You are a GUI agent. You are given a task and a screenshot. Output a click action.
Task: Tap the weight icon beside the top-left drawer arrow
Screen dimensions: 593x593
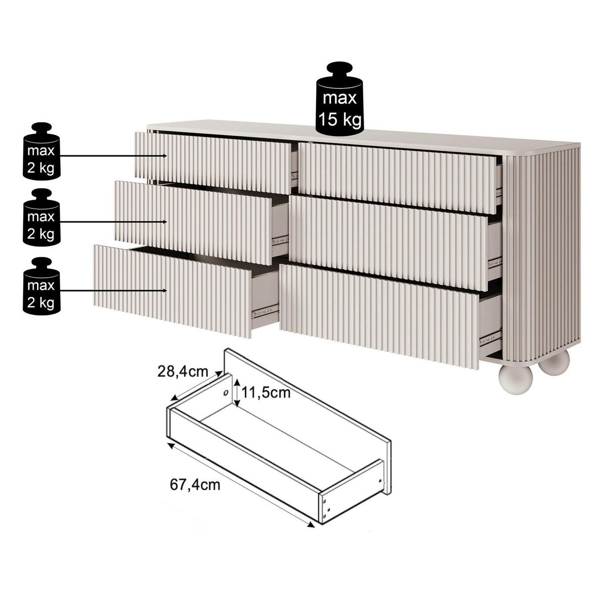tap(41, 151)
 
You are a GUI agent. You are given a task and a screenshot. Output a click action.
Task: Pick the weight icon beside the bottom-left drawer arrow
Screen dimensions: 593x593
tap(41, 286)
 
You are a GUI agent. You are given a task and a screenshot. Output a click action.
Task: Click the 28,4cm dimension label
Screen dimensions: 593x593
tap(183, 372)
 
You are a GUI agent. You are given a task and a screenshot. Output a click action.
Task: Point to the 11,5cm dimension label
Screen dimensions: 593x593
tap(266, 393)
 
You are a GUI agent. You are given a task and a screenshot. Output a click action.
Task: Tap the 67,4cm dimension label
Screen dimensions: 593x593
tap(195, 485)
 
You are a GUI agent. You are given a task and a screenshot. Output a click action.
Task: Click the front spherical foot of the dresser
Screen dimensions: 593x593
tap(515, 380)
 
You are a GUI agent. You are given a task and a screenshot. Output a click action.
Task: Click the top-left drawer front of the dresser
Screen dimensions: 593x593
tap(213, 163)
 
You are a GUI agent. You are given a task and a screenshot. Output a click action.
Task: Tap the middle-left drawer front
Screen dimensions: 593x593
tap(193, 222)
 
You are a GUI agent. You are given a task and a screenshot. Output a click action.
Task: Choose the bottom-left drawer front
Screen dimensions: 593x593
tap(172, 291)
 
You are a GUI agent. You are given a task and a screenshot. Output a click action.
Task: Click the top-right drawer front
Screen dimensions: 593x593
tap(398, 178)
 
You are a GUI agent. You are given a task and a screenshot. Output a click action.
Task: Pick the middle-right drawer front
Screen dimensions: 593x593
tap(389, 243)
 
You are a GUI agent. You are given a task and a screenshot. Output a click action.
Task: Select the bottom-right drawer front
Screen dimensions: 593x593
tap(380, 315)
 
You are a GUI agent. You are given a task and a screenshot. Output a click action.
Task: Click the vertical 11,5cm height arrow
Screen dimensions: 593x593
tap(237, 393)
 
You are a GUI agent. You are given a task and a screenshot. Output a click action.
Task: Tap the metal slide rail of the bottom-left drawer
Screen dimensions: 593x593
tap(265, 313)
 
